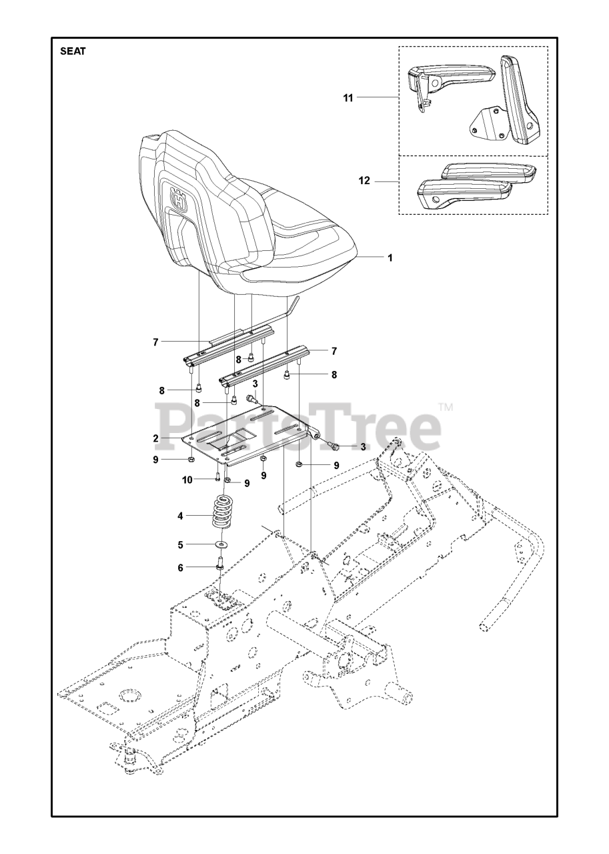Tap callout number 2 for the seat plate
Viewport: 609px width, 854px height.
coord(155,438)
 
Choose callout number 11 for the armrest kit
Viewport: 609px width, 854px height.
coord(348,97)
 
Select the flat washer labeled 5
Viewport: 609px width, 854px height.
coord(221,544)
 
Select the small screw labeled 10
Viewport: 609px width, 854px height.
coord(218,476)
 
